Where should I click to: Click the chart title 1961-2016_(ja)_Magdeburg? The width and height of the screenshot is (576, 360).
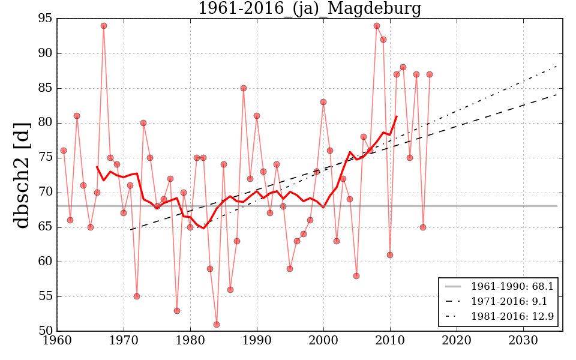click(310, 9)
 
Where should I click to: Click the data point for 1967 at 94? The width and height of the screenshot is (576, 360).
click(104, 26)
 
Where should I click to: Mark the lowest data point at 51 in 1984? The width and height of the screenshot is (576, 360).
click(217, 325)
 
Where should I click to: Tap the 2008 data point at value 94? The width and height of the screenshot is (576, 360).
click(377, 26)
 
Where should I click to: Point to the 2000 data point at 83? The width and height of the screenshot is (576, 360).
click(323, 102)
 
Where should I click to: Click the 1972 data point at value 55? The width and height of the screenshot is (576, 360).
click(137, 296)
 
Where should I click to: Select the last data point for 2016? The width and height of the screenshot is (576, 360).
click(430, 74)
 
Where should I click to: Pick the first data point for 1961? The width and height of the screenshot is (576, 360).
click(64, 151)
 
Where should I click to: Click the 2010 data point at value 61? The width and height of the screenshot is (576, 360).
click(390, 255)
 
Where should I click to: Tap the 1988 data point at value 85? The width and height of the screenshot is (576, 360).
click(244, 88)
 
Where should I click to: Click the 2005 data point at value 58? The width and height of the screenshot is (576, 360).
click(356, 276)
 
